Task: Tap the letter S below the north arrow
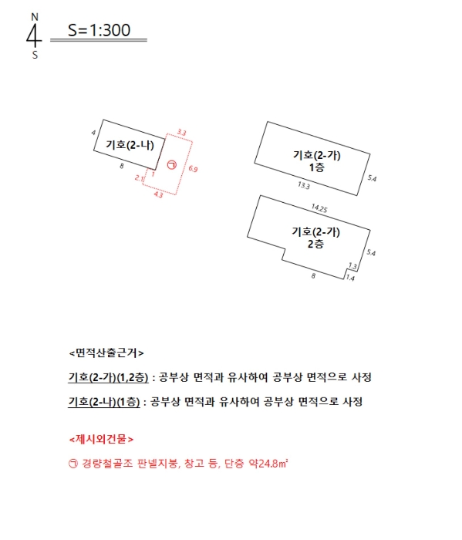34,55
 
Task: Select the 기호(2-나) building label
129,144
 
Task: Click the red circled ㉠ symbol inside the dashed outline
171,164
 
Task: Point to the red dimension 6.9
193,168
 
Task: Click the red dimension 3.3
181,133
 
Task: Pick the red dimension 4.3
158,196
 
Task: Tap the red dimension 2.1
139,178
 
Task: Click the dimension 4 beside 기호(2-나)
93,133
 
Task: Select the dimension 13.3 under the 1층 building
303,186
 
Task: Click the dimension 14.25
319,208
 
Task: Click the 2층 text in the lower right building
316,243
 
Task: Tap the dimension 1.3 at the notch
352,264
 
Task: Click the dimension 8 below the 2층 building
312,275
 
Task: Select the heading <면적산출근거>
106,353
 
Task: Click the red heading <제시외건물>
101,440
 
